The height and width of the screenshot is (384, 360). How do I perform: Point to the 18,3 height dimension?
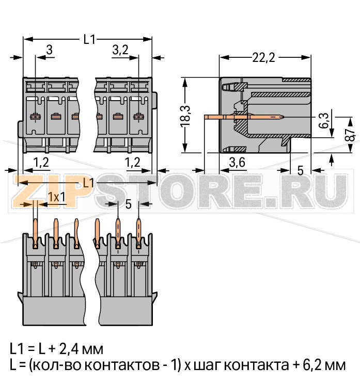[186, 115]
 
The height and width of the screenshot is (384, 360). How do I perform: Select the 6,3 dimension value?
[323, 120]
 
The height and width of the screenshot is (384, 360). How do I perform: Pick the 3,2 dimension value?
[120, 50]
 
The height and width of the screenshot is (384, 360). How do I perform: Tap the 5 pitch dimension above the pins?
[128, 204]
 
